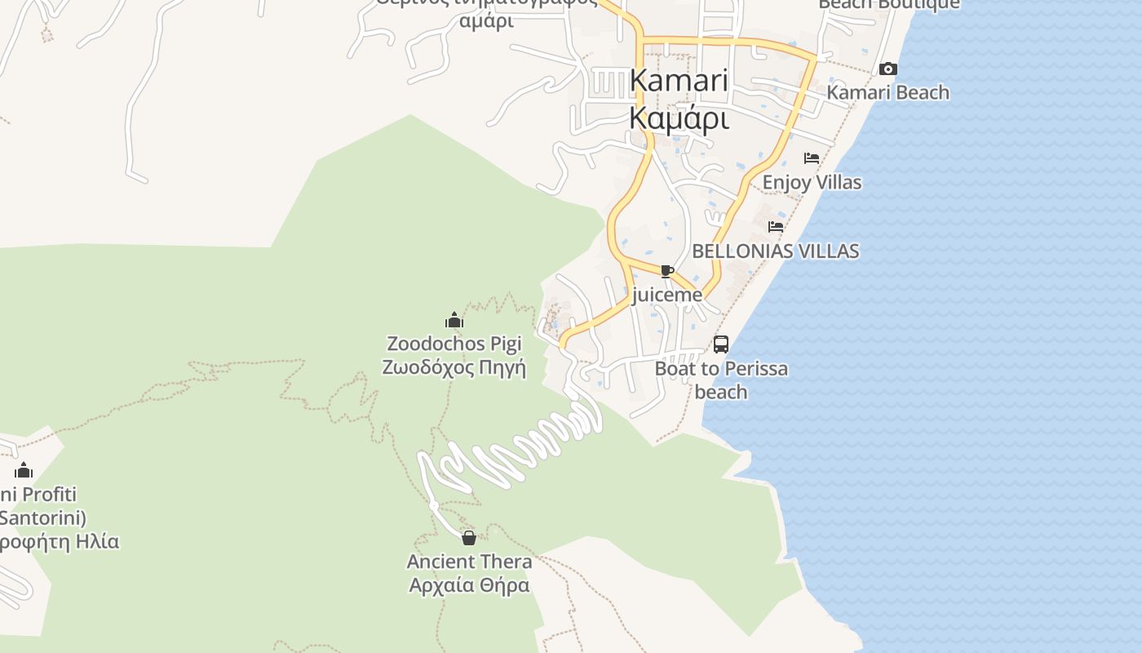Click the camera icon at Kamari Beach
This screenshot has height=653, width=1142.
pyautogui.click(x=888, y=69)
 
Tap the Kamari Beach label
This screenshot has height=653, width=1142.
pyautogui.click(x=888, y=92)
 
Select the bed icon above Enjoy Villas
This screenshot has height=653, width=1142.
pyautogui.click(x=812, y=158)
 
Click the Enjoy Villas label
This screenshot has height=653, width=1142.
pyautogui.click(x=812, y=182)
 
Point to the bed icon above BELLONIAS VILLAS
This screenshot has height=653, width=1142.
pyautogui.click(x=776, y=226)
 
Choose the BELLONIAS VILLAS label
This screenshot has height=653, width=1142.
pyautogui.click(x=776, y=251)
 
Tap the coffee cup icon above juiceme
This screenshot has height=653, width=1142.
pyautogui.click(x=667, y=271)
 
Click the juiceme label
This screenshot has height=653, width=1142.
pyautogui.click(x=667, y=295)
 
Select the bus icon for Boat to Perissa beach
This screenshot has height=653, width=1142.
pyautogui.click(x=721, y=344)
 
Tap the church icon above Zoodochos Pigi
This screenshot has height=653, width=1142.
pyautogui.click(x=454, y=320)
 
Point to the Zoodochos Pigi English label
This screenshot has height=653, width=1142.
pyautogui.click(x=454, y=344)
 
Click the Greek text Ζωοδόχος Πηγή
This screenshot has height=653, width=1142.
pyautogui.click(x=454, y=367)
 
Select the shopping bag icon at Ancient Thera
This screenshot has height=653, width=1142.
pyautogui.click(x=469, y=538)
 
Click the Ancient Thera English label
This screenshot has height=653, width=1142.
pyautogui.click(x=469, y=562)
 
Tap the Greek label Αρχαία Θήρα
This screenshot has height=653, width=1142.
pyautogui.click(x=469, y=585)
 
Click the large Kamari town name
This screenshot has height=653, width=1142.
pyautogui.click(x=679, y=80)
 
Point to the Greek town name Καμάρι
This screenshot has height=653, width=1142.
pyautogui.click(x=679, y=118)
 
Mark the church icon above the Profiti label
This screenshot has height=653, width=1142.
pyautogui.click(x=24, y=471)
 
